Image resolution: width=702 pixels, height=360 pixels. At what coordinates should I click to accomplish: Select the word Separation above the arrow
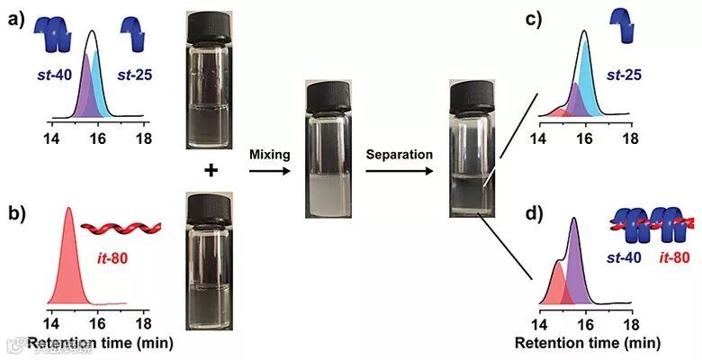click(400, 155)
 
